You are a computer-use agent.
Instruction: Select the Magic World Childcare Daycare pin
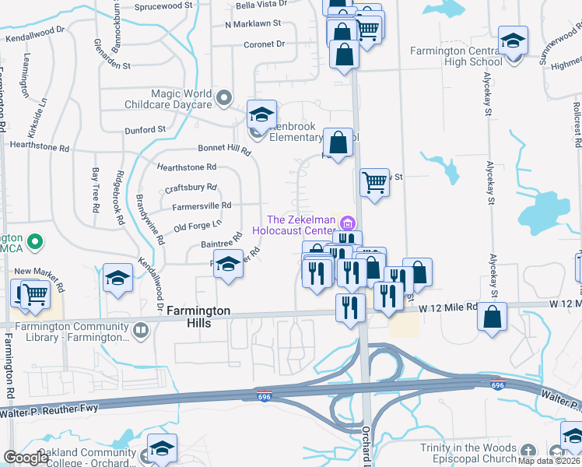[x=225, y=98]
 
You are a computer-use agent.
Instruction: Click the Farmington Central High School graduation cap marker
[x=513, y=40]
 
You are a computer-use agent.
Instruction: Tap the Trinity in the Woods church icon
[x=528, y=451]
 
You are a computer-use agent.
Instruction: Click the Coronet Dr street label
[x=265, y=44]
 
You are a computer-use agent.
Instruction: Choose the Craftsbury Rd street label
[x=191, y=188]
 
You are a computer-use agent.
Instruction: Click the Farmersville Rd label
[x=202, y=205]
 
